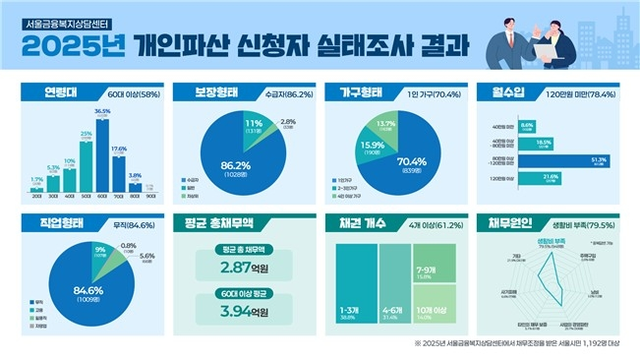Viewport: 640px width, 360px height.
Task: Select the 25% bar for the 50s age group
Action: click(x=87, y=162)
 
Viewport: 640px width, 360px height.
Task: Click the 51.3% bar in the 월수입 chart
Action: click(x=548, y=159)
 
